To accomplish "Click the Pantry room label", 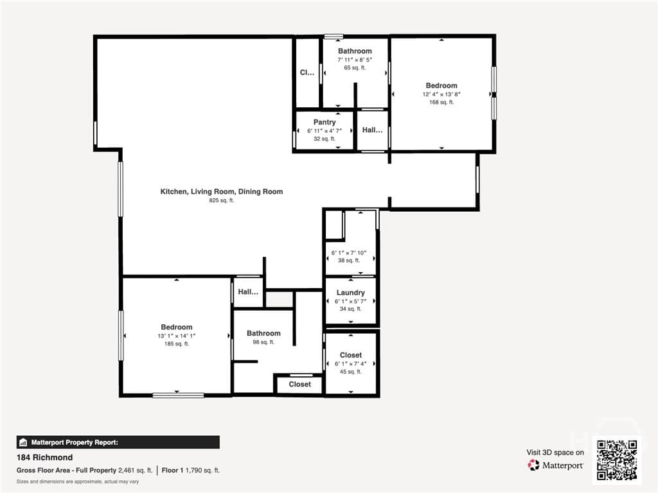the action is point(325,122).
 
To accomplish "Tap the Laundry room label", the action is point(350,293).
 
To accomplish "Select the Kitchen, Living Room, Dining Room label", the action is point(222,191).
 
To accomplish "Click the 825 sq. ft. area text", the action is point(222,200).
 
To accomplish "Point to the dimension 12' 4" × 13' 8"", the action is point(441,94).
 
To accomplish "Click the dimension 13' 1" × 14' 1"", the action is point(177,336).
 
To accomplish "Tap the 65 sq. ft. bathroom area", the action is point(355,67).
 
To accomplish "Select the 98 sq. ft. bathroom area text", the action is point(263,342).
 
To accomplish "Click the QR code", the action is point(617,460).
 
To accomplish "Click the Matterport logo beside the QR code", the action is point(556,465).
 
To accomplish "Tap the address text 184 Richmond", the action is point(44,457).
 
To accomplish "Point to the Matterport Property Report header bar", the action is point(118,442).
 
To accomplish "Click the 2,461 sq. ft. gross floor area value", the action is point(135,471).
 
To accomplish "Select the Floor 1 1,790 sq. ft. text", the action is point(190,471).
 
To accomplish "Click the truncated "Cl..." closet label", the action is point(307,73).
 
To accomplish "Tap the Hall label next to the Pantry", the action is point(372,130).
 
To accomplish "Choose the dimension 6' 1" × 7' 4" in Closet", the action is point(350,364).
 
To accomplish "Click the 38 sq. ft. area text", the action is point(349,261).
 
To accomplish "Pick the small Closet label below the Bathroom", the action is point(299,384).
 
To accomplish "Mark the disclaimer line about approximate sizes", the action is point(78,481).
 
